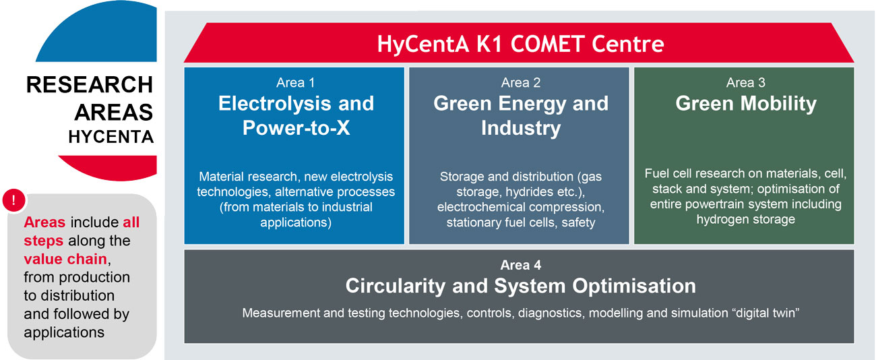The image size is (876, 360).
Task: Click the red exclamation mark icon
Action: click(13, 200)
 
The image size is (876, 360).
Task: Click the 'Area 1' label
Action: click(295, 82)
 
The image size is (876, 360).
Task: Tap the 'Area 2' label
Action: click(520, 82)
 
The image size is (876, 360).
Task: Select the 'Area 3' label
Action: click(745, 82)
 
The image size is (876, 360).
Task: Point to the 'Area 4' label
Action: click(520, 265)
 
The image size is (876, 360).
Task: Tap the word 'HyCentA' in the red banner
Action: click(423, 44)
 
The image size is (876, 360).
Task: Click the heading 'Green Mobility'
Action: click(746, 104)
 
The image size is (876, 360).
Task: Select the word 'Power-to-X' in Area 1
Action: click(296, 128)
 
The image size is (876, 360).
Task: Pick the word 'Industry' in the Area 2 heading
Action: click(521, 128)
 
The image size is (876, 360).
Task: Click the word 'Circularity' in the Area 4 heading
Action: click(395, 286)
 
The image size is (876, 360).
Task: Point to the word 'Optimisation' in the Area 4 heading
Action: click(634, 286)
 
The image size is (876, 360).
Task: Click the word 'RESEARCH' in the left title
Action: click(90, 85)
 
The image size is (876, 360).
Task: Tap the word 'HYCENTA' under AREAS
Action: click(111, 137)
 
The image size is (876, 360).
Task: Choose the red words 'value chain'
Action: click(65, 259)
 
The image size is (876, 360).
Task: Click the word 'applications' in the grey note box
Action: click(64, 333)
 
